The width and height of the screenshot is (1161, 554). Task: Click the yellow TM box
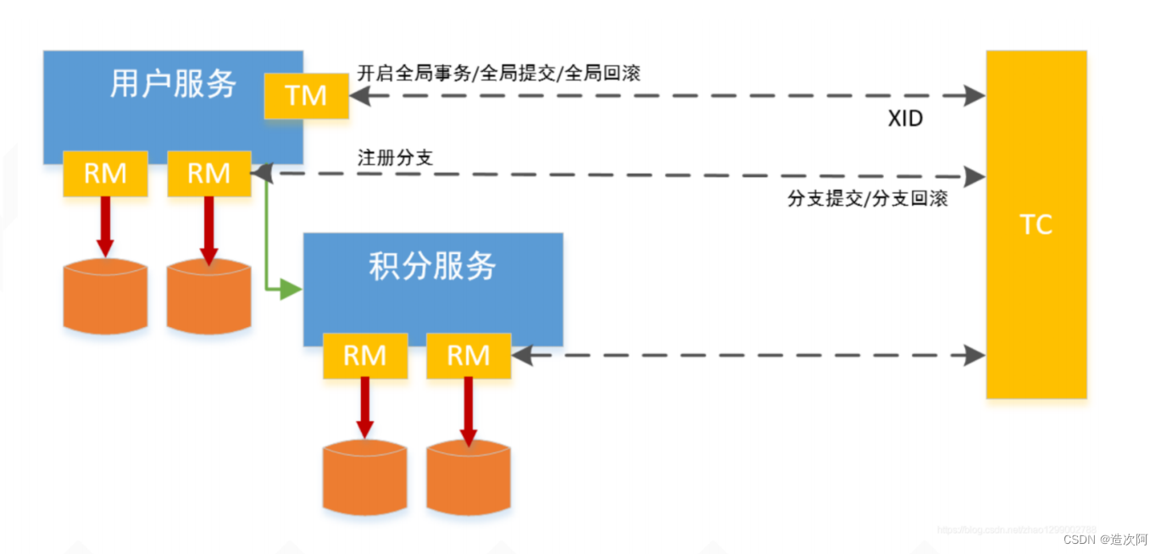click(306, 96)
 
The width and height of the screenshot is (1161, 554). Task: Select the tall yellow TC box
click(1036, 224)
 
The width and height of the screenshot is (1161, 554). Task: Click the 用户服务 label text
click(173, 84)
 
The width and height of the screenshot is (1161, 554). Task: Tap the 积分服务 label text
click(432, 266)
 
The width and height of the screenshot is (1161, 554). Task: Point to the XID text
click(905, 119)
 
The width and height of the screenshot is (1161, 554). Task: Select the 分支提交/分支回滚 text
click(867, 199)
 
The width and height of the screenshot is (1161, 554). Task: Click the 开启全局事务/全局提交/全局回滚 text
click(498, 74)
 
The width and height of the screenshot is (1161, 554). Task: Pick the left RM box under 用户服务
click(105, 174)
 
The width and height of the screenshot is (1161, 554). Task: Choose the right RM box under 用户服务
click(208, 174)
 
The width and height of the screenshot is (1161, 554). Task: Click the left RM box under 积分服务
click(364, 355)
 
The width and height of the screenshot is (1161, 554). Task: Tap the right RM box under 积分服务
click(469, 355)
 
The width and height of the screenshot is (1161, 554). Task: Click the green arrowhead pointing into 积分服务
click(291, 291)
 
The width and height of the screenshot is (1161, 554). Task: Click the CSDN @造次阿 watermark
click(1105, 539)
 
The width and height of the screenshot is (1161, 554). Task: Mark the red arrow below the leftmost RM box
click(105, 224)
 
